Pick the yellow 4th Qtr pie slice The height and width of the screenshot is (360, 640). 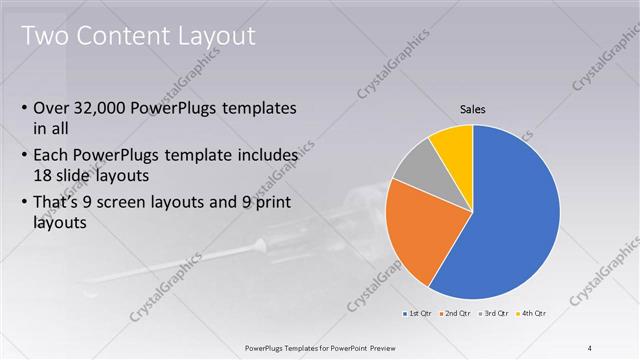455,142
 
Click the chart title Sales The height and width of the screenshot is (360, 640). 473,109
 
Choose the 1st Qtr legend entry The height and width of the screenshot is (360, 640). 418,314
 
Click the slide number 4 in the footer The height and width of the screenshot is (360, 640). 590,347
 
